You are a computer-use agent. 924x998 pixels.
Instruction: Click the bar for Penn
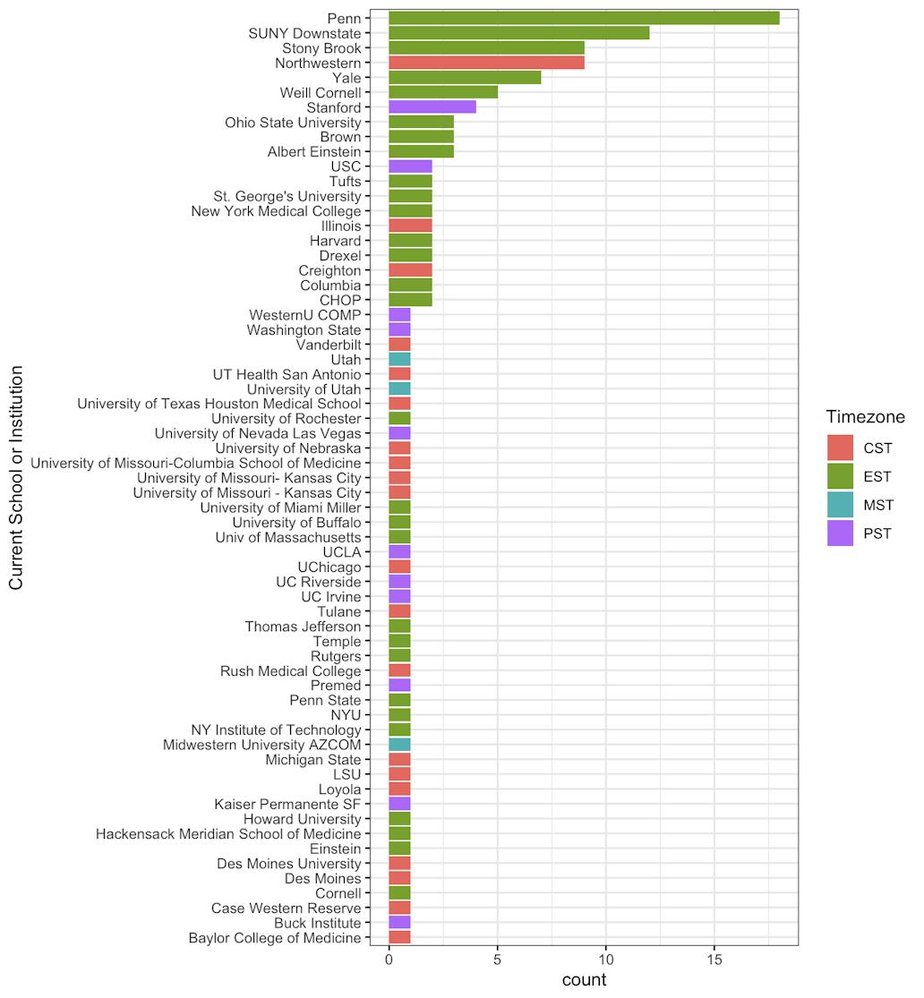click(x=584, y=18)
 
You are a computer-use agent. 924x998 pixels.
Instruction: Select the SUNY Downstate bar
click(x=518, y=33)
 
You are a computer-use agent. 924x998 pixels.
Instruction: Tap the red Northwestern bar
click(x=486, y=63)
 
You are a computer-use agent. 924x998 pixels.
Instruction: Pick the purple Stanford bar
click(x=432, y=107)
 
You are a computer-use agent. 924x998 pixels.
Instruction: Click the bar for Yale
click(x=465, y=78)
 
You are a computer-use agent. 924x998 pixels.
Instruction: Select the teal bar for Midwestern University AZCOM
click(x=399, y=745)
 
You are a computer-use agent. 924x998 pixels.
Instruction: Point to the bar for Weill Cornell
click(x=442, y=92)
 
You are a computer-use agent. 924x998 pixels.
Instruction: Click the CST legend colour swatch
click(x=840, y=448)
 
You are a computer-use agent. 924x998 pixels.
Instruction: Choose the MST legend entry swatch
click(x=840, y=506)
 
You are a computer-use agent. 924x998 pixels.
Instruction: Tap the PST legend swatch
click(x=840, y=534)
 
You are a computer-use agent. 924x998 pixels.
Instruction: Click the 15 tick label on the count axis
click(x=714, y=960)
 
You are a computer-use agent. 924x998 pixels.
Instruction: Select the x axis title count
click(x=584, y=980)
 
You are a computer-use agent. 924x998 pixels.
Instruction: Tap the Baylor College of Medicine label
click(x=275, y=938)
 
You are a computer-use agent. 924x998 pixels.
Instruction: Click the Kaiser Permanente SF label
click(x=287, y=805)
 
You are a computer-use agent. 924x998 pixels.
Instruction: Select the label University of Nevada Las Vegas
click(x=258, y=433)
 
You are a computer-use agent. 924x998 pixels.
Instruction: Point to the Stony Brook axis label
click(x=321, y=48)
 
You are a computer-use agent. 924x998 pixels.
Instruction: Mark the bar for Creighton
click(x=410, y=270)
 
